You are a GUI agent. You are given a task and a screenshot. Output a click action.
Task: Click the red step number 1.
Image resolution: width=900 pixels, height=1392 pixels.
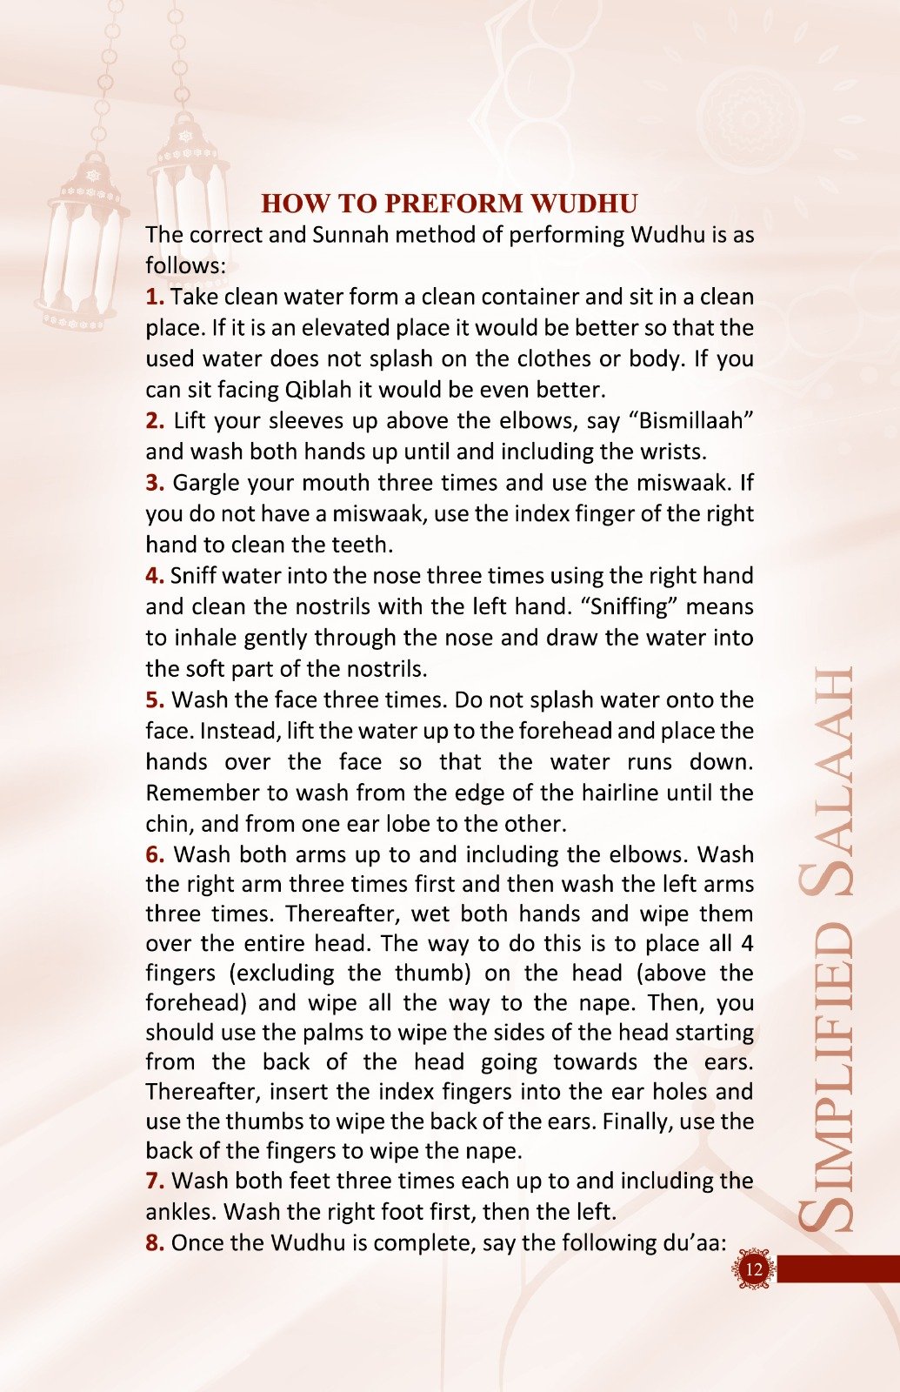click(x=154, y=297)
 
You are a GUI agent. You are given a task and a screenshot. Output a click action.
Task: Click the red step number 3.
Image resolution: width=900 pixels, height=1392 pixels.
click(x=155, y=483)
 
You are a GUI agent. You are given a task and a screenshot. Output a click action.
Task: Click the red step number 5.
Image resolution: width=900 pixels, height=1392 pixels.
click(x=155, y=700)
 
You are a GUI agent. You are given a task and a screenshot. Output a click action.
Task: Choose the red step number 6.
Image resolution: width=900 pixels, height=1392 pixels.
click(x=155, y=855)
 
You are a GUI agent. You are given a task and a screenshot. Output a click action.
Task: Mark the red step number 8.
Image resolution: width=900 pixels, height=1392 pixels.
click(x=155, y=1243)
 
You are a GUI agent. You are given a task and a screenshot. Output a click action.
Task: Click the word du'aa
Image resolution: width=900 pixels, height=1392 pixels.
click(x=695, y=1243)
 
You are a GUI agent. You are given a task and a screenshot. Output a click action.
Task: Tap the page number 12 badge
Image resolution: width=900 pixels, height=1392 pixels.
click(x=753, y=1268)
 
